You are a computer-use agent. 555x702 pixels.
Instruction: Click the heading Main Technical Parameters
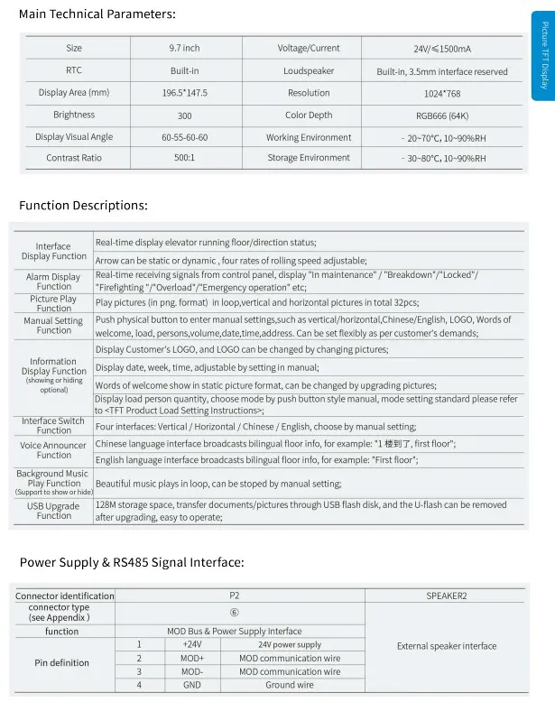[97, 14]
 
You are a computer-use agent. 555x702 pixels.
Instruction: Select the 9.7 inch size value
[184, 49]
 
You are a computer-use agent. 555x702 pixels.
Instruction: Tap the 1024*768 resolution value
[441, 93]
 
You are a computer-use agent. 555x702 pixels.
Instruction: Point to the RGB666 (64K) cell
[441, 115]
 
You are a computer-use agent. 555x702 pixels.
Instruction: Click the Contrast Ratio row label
[74, 158]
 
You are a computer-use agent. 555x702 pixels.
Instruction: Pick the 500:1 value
[184, 158]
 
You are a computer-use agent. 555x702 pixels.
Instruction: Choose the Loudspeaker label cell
[309, 70]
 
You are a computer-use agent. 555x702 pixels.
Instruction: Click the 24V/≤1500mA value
[441, 49]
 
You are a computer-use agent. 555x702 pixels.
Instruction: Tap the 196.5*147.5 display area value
[184, 93]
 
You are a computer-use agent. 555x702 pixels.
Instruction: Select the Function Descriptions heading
[83, 206]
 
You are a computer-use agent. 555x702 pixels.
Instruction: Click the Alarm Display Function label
[54, 282]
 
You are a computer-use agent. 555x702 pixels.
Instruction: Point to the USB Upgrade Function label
[54, 511]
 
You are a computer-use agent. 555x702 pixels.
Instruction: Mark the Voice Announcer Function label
[54, 449]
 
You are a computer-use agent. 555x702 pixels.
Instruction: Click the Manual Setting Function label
[54, 325]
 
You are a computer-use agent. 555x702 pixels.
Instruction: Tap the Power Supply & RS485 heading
[132, 562]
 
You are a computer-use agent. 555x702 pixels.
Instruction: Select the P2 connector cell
[235, 596]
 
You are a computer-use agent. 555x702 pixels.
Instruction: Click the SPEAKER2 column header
[446, 596]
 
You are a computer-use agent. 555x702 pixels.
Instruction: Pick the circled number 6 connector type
[235, 613]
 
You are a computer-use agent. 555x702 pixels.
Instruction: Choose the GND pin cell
[192, 685]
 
